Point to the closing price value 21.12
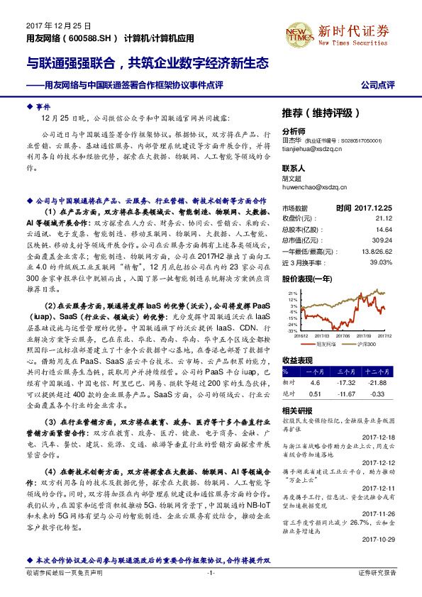coord(383,218)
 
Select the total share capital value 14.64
coord(383,230)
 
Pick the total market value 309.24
coord(382,240)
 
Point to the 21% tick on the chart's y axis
coord(293,292)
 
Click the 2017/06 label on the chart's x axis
coord(343,337)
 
